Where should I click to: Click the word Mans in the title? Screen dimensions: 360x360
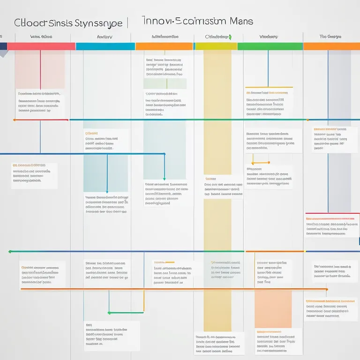tap(241, 22)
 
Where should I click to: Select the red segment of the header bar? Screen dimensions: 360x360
tap(41, 46)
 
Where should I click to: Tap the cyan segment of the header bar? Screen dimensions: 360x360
tap(105, 46)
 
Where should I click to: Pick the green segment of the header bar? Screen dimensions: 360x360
tap(270, 46)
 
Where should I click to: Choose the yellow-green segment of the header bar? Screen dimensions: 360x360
tap(216, 46)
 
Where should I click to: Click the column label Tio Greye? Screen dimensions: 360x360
tap(330, 37)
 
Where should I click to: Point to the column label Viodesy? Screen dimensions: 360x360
tap(269, 37)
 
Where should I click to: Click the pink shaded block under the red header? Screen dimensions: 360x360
tap(40, 69)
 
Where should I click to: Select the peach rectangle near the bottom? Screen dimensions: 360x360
tap(273, 309)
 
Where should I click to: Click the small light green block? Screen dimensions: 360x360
tap(165, 84)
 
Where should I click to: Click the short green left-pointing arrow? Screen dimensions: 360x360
tap(110, 313)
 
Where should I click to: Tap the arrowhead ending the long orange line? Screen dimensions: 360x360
tap(326, 289)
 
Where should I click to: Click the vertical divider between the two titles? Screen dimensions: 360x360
tap(127, 22)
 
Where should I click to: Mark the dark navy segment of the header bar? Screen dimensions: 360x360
tap(3, 46)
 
